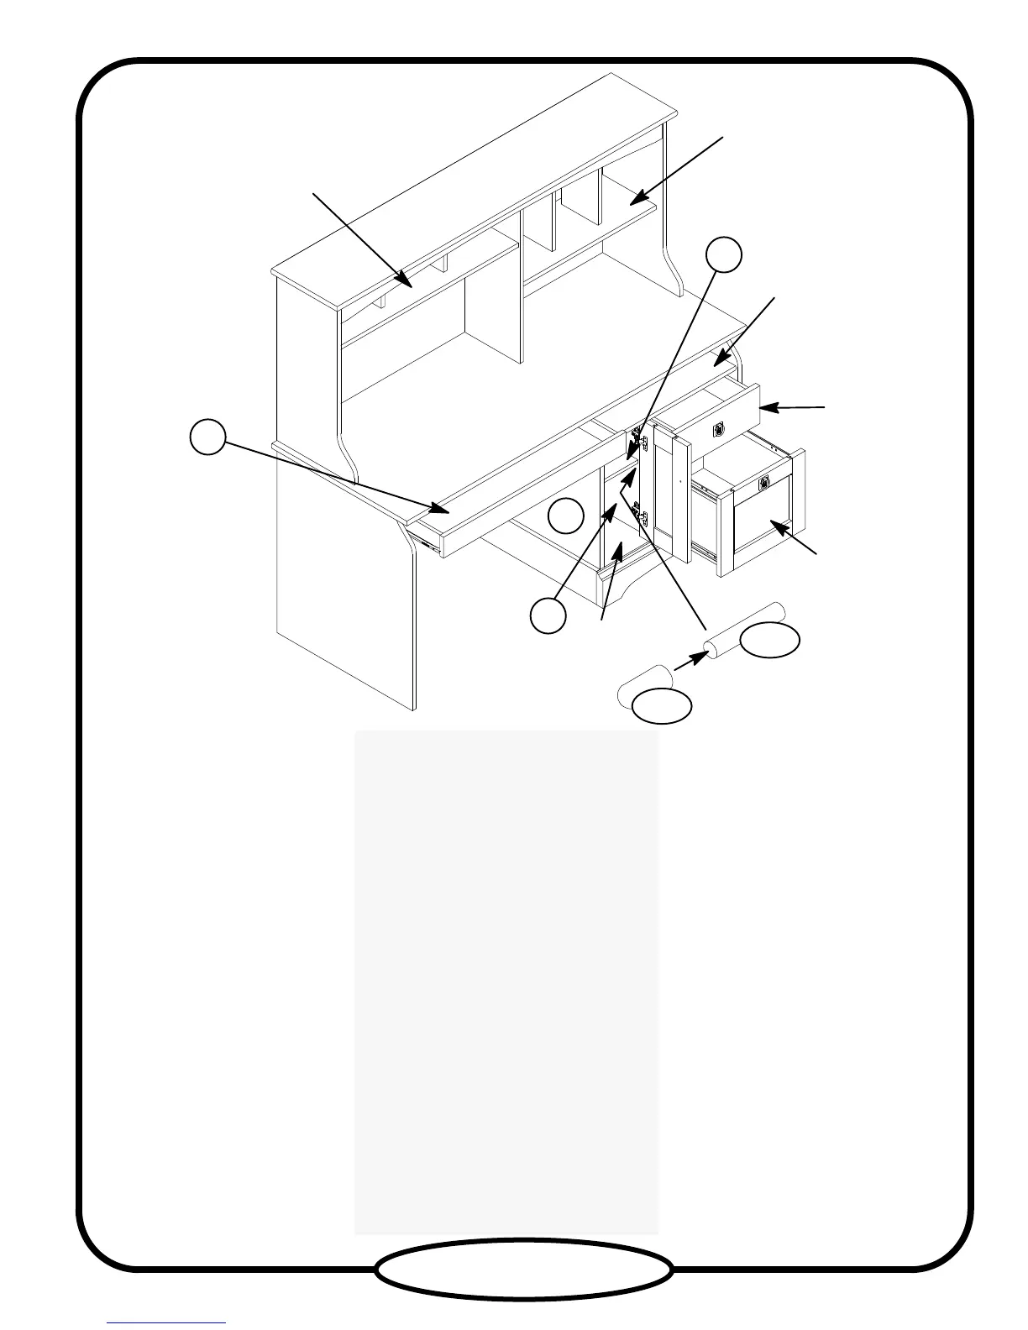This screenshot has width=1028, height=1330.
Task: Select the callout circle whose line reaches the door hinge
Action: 723,254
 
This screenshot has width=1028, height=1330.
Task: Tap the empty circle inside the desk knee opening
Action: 566,516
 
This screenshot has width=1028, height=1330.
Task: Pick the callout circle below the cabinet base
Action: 548,616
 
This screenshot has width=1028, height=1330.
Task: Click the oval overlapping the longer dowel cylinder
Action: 769,640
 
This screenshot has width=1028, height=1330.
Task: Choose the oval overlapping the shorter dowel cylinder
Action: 662,706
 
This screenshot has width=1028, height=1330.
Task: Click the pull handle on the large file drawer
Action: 764,483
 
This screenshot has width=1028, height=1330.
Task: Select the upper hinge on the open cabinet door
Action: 642,441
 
